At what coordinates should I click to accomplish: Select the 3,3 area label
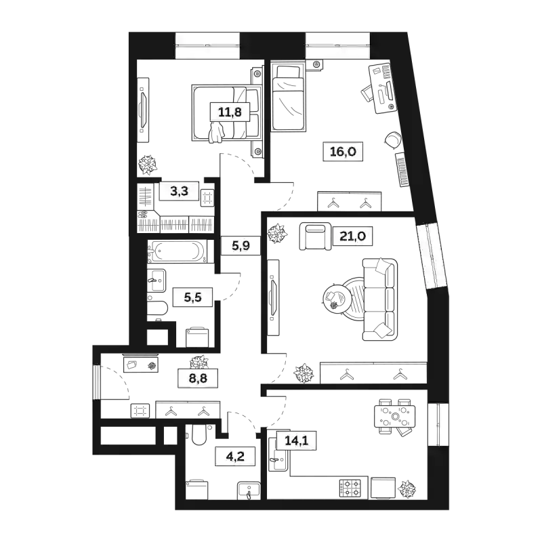click(179, 192)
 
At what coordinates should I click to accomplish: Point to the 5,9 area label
click(241, 245)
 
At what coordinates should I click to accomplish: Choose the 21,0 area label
click(353, 236)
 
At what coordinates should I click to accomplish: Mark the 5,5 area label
click(193, 296)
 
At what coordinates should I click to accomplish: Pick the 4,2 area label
click(234, 457)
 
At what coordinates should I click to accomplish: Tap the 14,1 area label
click(297, 440)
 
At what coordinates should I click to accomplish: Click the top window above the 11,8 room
click(208, 45)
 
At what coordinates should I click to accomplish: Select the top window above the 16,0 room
click(338, 45)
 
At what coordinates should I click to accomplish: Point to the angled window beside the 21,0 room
click(431, 256)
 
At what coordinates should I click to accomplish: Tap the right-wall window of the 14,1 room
click(438, 425)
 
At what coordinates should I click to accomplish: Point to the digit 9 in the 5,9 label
click(247, 245)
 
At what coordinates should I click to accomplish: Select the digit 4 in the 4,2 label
click(228, 457)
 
